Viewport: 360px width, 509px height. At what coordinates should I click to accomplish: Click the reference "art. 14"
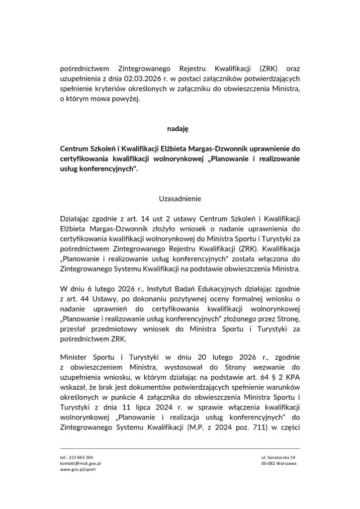[130, 219]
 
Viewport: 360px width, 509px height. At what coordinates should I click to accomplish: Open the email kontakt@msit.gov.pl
[80, 463]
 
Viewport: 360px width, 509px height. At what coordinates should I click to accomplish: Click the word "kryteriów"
[113, 89]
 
